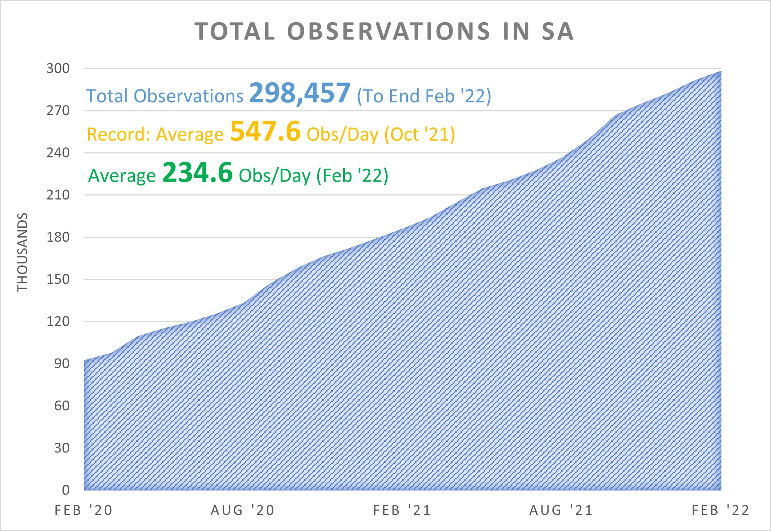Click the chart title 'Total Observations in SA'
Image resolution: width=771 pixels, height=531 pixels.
[x=384, y=31]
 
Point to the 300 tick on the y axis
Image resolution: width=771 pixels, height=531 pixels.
[x=58, y=68]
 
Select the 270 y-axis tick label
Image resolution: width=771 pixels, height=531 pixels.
[x=58, y=110]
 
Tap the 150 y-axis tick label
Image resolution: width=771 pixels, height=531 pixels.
[x=58, y=279]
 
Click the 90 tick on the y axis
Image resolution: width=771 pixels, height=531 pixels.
[x=62, y=363]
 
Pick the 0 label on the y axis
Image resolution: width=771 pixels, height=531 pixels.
[x=66, y=490]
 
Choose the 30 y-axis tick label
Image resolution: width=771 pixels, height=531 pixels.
[x=62, y=448]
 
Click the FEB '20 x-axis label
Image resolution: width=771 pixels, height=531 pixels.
[x=83, y=510]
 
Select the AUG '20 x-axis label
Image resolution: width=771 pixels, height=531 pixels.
[x=243, y=510]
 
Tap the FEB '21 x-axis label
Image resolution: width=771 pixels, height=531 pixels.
[x=402, y=510]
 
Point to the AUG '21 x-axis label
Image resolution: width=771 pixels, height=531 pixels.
[x=561, y=510]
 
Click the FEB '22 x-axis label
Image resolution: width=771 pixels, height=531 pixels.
[x=720, y=510]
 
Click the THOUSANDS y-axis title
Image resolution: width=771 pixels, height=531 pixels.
[x=23, y=252]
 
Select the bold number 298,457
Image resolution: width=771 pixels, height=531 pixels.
[x=300, y=93]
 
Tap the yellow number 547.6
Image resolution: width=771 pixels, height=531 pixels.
[x=265, y=132]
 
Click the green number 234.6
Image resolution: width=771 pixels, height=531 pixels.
[x=198, y=173]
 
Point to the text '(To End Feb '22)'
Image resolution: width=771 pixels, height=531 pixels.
[x=424, y=96]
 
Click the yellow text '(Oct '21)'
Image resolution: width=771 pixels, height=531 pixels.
[x=419, y=135]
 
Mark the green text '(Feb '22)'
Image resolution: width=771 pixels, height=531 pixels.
[x=352, y=176]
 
